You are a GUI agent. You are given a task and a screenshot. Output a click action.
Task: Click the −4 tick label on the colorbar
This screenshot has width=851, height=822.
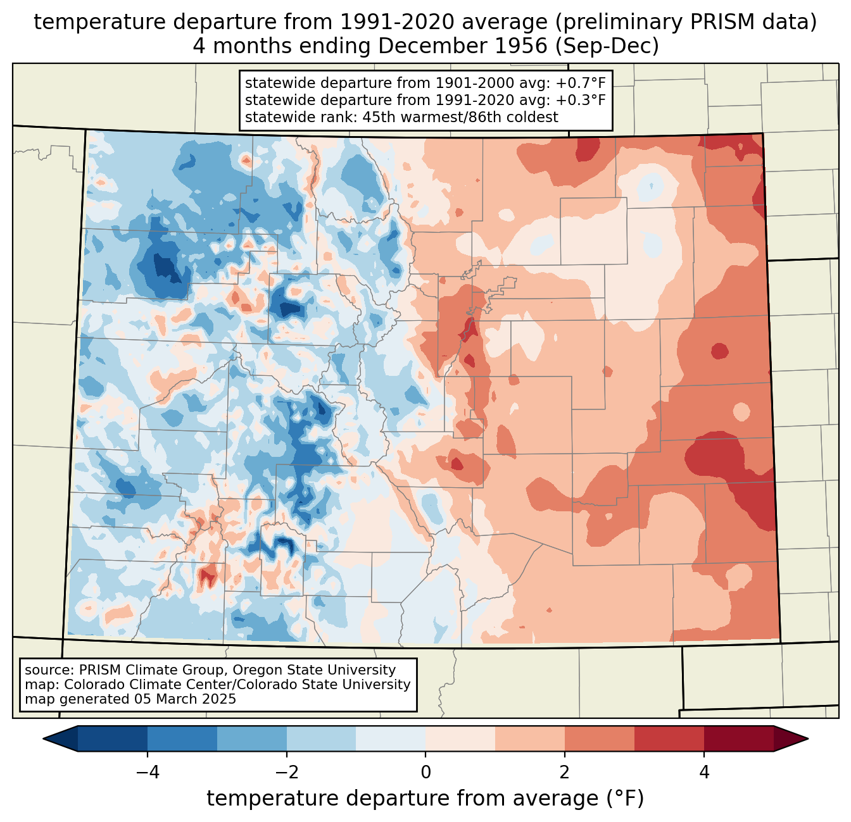click(x=148, y=773)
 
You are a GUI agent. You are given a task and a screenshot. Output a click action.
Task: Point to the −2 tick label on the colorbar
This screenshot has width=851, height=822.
click(x=287, y=773)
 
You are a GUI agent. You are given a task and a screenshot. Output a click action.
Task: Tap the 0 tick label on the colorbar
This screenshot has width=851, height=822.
click(x=426, y=773)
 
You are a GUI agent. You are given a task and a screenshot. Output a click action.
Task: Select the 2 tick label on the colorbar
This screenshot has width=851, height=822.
click(x=565, y=773)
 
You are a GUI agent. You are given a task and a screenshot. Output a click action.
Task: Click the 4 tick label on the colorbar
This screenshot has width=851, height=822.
click(x=704, y=773)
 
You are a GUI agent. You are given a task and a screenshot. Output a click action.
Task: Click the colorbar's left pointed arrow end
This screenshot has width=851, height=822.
click(x=44, y=739)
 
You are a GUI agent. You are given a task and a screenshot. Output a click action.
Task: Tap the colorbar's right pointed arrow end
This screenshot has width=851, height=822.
click(x=807, y=739)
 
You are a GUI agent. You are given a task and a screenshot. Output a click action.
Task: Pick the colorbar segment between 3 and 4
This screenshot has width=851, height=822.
click(x=669, y=739)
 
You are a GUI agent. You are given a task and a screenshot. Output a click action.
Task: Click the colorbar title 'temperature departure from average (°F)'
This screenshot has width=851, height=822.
click(x=425, y=799)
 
